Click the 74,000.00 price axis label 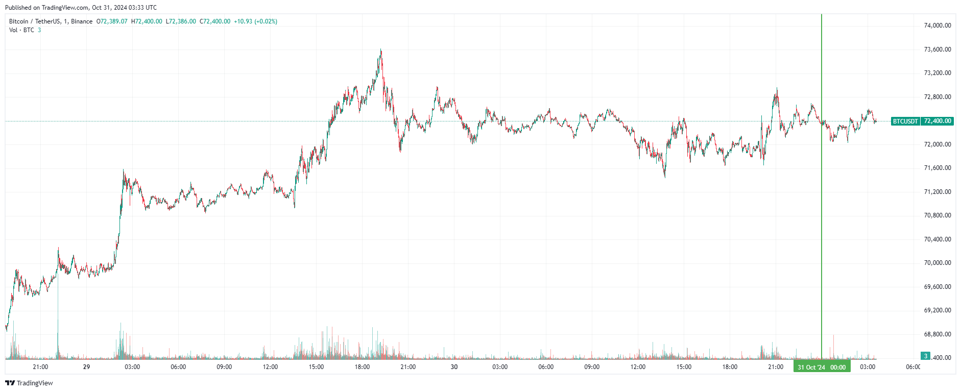click(938, 26)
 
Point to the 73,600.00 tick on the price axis click(938, 50)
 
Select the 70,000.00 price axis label click(938, 263)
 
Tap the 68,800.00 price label click(938, 334)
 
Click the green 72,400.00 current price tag click(937, 121)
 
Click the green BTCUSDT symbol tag click(905, 121)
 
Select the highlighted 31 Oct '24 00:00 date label click(822, 367)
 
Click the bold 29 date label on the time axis click(86, 367)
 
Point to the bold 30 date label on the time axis click(454, 367)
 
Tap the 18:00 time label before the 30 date click(362, 367)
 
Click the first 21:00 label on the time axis click(40, 367)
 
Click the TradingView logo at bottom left click(29, 383)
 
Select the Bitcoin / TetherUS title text click(51, 21)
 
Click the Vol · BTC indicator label click(21, 30)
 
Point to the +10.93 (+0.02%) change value click(255, 21)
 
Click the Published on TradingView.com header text click(81, 8)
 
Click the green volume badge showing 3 click(925, 356)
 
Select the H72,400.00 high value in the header click(147, 21)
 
